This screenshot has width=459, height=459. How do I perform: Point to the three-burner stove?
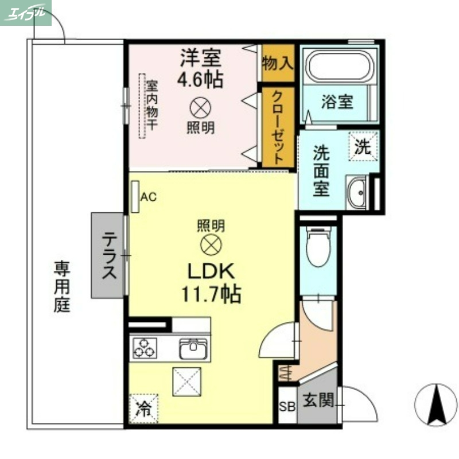145,348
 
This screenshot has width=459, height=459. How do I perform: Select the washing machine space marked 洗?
363,146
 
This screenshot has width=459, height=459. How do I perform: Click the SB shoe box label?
287,407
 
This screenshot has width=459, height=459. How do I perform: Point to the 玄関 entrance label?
318,400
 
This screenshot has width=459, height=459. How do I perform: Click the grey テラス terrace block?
108,255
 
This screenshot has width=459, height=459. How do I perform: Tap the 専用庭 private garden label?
63,287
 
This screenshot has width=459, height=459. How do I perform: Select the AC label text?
148,197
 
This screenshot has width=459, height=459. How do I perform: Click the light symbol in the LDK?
211,245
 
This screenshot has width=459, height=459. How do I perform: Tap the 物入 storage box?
277,62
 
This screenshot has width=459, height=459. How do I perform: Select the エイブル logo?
25,13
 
